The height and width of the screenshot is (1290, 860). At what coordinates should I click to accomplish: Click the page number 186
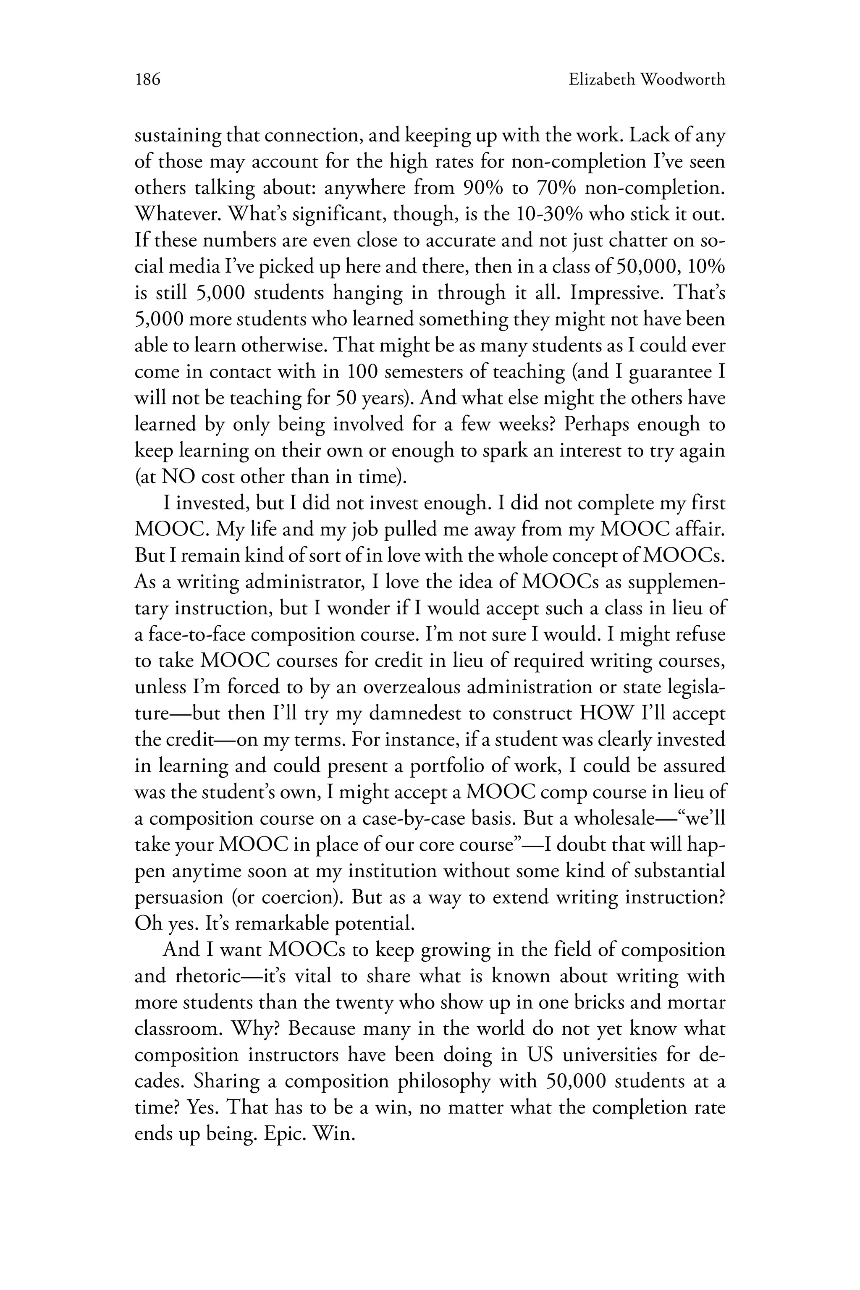pos(147,80)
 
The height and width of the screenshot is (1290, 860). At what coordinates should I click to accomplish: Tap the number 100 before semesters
pos(362,372)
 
